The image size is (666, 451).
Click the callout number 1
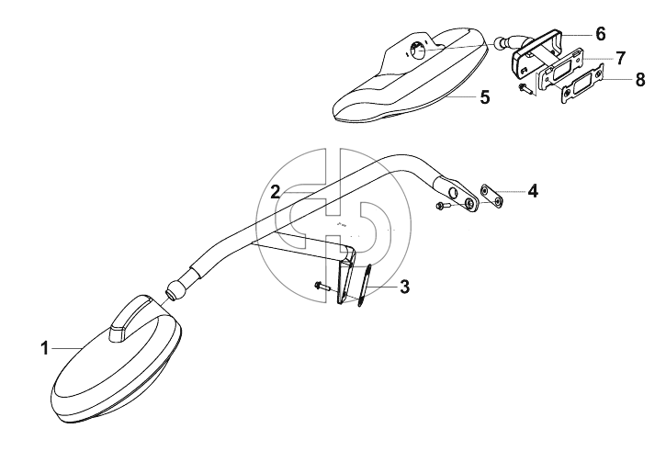(45, 349)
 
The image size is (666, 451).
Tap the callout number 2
(277, 192)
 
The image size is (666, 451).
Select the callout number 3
(404, 287)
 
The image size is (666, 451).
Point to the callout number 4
(533, 191)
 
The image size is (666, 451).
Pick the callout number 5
(485, 97)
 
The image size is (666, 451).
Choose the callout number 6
(600, 34)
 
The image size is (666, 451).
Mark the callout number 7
(621, 58)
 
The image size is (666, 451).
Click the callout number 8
(640, 79)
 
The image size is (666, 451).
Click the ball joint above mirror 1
(175, 290)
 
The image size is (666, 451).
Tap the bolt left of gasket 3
(322, 287)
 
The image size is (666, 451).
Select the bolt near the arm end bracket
(443, 206)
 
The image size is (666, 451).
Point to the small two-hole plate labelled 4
(492, 197)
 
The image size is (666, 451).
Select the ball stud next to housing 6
(502, 42)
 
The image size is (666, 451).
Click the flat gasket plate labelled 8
(582, 84)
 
